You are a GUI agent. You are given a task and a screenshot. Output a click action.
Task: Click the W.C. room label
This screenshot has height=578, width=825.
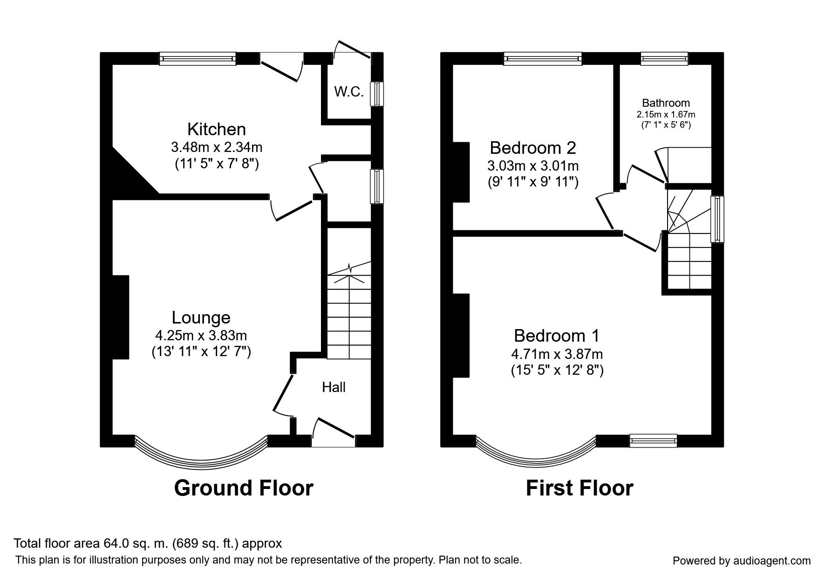348,92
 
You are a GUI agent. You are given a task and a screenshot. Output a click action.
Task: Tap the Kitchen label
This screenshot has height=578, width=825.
217,129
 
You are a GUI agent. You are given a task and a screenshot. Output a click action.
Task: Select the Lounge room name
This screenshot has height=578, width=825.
201,317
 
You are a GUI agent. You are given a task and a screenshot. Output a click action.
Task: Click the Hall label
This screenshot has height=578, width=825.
334,387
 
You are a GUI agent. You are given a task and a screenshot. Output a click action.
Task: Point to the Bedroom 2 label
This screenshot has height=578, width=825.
533,148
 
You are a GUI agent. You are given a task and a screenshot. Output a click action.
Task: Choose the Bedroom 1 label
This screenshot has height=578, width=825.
557,336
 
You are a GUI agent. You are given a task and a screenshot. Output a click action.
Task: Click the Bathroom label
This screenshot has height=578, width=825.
666,103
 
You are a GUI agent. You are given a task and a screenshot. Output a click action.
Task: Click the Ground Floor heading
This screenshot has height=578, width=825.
244,488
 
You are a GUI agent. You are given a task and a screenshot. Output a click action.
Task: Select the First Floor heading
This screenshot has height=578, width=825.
580,488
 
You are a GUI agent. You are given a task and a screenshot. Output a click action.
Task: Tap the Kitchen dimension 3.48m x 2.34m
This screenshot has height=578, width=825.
217,147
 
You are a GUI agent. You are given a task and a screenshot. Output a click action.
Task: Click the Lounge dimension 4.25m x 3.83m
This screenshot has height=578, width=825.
201,335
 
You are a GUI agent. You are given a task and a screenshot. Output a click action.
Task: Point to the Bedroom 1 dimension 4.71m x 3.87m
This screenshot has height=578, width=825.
557,354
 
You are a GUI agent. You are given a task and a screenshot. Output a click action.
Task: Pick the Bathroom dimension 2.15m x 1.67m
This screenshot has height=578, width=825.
666,114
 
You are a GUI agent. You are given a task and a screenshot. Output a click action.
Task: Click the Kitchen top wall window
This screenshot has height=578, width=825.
198,58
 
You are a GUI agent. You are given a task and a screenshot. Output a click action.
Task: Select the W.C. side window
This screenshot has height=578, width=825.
376,94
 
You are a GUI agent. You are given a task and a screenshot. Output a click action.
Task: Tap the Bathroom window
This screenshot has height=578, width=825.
664,58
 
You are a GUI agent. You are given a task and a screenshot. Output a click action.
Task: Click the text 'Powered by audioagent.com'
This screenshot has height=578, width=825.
742,561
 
